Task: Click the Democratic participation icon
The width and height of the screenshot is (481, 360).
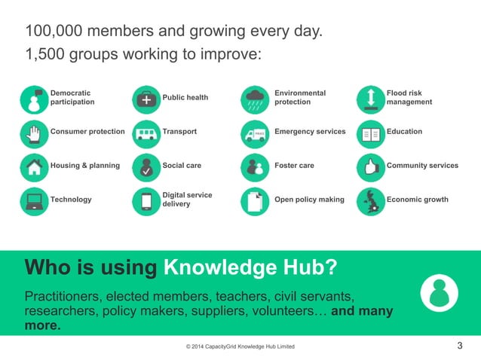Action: coord(34,98)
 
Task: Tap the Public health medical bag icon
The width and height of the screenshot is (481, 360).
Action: coord(146,98)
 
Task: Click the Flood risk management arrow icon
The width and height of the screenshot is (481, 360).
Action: coord(370,98)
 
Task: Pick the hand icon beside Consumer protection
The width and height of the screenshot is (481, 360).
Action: coord(34,133)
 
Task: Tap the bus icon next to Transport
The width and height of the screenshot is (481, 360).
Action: coord(146,133)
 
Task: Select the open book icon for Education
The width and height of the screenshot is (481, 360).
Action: coord(370,133)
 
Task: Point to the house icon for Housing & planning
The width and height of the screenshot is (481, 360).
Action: coord(34,166)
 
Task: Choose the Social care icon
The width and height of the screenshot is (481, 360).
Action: coord(146,166)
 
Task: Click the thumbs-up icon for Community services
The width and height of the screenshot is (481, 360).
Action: coord(370,166)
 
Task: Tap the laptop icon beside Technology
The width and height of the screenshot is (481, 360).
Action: coord(34,200)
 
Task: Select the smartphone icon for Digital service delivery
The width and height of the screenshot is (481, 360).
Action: coord(146,200)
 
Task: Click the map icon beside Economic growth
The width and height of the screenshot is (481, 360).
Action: coord(370,200)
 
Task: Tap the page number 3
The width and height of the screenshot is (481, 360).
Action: coord(460,346)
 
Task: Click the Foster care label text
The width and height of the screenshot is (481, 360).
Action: coord(295,166)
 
